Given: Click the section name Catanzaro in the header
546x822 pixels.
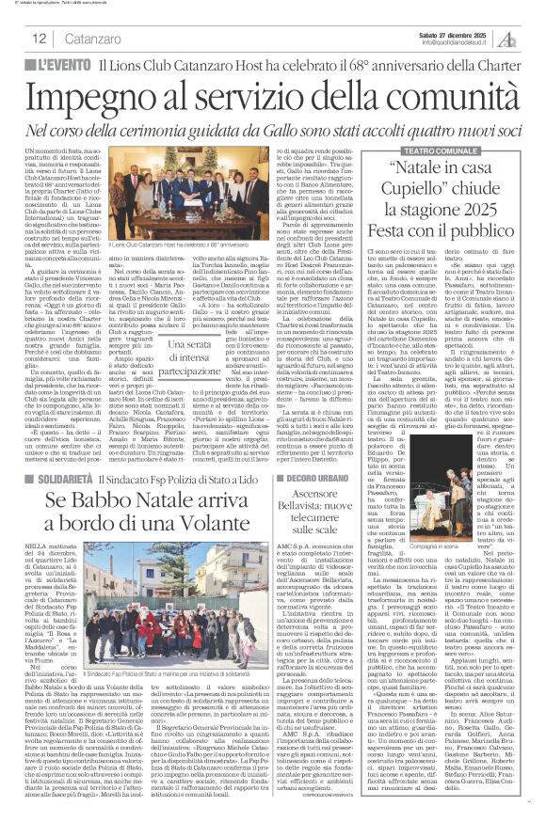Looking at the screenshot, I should tap(98, 39).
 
